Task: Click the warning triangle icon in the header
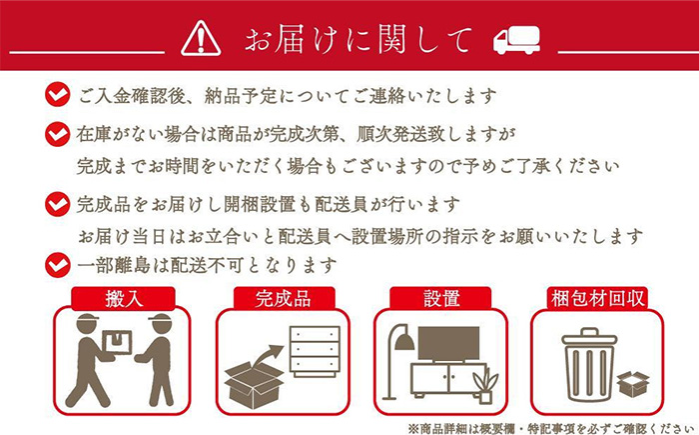pyautogui.click(x=201, y=38)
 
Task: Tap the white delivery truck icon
pyautogui.click(x=516, y=40)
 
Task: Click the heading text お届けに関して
pyautogui.click(x=357, y=39)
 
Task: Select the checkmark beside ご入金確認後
pyautogui.click(x=58, y=94)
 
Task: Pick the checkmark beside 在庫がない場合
pyautogui.click(x=58, y=134)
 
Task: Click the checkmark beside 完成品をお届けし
pyautogui.click(x=58, y=204)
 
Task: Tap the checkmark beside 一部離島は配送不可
pyautogui.click(x=58, y=265)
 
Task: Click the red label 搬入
pyautogui.click(x=123, y=299)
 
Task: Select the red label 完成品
pyautogui.click(x=284, y=299)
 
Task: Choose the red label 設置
pyautogui.click(x=441, y=299)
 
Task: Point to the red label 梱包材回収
pyautogui.click(x=597, y=298)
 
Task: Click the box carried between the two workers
pyautogui.click(x=117, y=343)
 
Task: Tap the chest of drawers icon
pyautogui.click(x=315, y=351)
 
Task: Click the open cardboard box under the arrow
pyautogui.click(x=254, y=384)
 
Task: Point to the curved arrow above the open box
pyautogui.click(x=268, y=356)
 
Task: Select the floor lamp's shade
pyautogui.click(x=404, y=342)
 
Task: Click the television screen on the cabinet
pyautogui.click(x=448, y=343)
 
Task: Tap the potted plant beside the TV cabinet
pyautogui.click(x=485, y=385)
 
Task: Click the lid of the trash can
pyautogui.click(x=589, y=337)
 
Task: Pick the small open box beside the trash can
pyautogui.click(x=633, y=384)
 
